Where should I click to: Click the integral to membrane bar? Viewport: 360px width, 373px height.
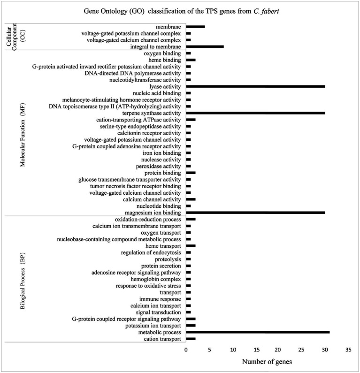coord(205,46)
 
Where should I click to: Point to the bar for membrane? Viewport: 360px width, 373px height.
coord(195,27)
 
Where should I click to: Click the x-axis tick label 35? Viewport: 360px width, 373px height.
coord(348,350)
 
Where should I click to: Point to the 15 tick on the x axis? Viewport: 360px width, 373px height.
coord(255,350)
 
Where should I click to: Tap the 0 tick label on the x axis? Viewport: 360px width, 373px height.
coord(186,350)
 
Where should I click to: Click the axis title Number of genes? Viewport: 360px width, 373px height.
coord(266,362)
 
